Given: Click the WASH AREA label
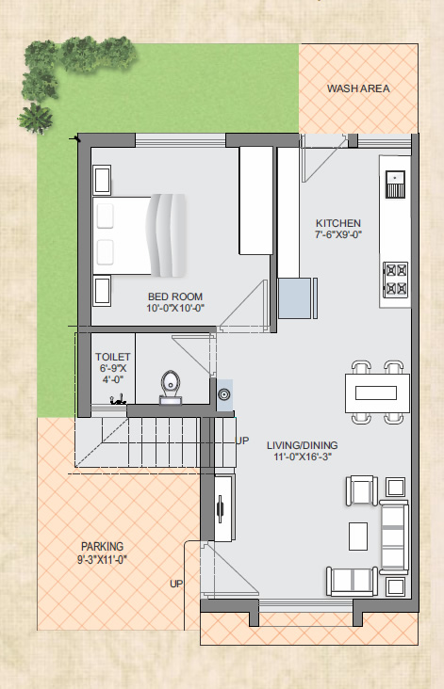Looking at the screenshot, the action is coord(358,88).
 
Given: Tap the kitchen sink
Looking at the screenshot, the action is coord(395,184).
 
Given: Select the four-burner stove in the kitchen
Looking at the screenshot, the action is coord(395,280).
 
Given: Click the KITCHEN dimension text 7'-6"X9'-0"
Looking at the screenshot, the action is coord(338,235).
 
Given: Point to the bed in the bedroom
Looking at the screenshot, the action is coord(140,236).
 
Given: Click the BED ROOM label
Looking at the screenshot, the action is coord(175,296).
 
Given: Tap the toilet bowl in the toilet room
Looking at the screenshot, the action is coord(171,387).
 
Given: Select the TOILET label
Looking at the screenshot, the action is coord(113,357).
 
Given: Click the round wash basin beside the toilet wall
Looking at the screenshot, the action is coord(224,395).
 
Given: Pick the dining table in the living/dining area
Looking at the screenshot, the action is coord(378,393).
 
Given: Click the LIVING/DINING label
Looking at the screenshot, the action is coord(303,445).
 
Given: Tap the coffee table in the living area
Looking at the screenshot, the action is coord(358,537).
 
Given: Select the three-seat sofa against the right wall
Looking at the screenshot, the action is coord(394,537).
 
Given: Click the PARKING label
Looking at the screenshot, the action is coord(103,547).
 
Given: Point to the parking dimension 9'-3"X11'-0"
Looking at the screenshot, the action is coord(103,560).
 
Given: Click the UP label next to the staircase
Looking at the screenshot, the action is coord(242,441).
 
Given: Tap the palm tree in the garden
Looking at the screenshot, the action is coord(35,119).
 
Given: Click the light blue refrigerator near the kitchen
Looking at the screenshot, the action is coord(295,298).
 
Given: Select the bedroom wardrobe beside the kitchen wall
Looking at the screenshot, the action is coord(256,200).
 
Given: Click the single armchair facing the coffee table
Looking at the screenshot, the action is coord(362,490).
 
